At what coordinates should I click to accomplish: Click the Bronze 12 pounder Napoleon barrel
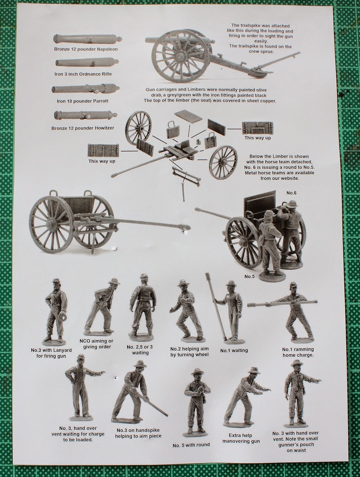tap(87, 39)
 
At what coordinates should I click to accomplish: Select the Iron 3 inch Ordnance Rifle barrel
tap(87, 63)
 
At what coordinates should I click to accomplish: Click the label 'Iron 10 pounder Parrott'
tap(82, 101)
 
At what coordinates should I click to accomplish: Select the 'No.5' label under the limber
tap(249, 276)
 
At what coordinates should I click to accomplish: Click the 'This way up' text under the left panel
tap(102, 161)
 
